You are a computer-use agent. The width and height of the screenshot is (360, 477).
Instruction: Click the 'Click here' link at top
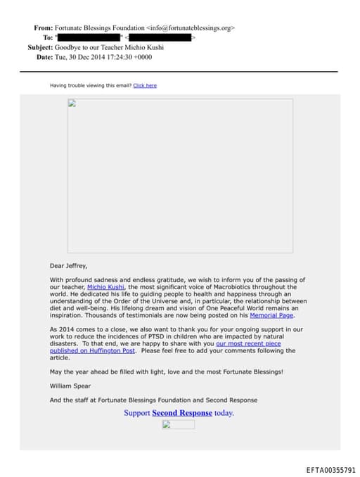(145, 86)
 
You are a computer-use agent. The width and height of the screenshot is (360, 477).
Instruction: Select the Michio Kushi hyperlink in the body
(106, 287)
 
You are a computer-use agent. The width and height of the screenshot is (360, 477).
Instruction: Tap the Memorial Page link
(271, 315)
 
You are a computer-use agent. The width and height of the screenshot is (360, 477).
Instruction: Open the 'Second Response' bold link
(182, 413)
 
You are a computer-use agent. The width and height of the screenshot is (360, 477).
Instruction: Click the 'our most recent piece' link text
(248, 343)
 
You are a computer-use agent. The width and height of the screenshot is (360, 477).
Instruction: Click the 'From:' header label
(44, 28)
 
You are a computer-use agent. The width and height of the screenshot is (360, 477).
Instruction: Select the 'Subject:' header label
(40, 47)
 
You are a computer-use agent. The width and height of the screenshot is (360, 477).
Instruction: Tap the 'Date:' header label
(44, 56)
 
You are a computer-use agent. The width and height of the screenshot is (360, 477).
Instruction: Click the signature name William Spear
(70, 386)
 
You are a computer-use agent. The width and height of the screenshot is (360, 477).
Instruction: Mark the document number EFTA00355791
(330, 469)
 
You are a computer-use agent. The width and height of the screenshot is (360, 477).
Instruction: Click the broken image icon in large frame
(72, 103)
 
